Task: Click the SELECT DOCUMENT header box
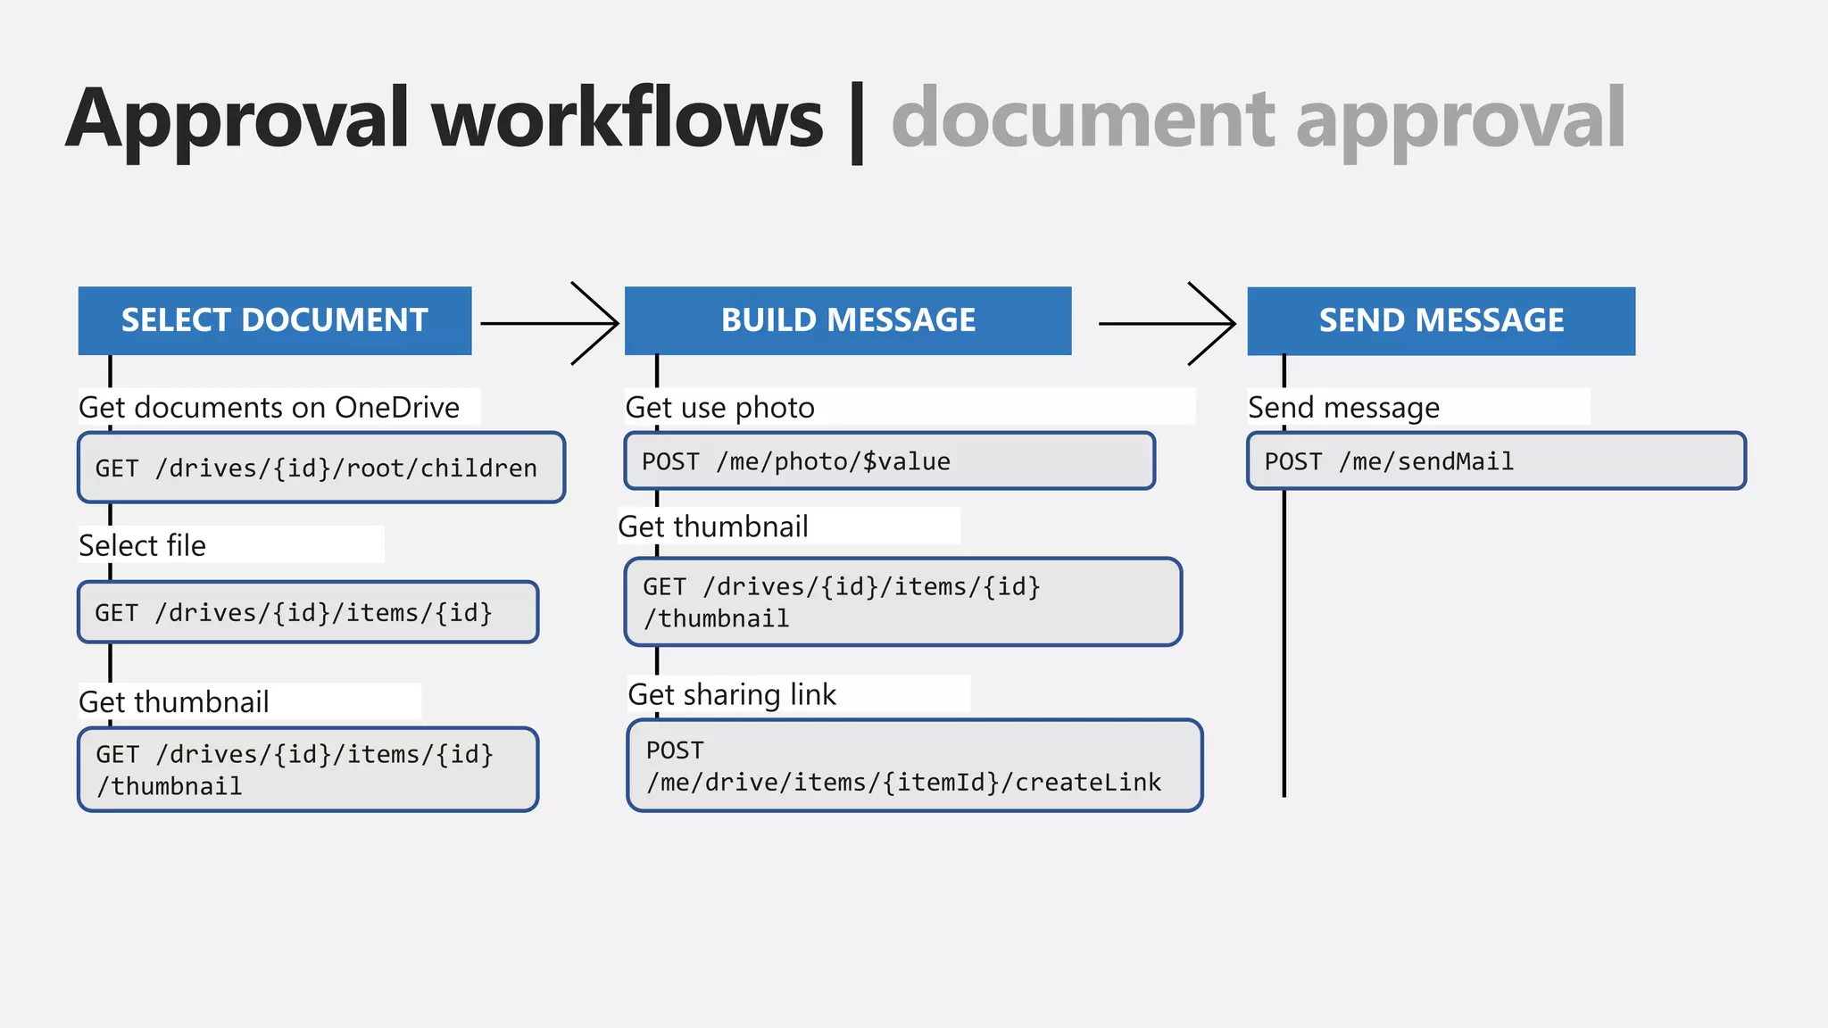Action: point(275,320)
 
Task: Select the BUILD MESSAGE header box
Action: point(848,320)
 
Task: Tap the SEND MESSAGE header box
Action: point(1441,320)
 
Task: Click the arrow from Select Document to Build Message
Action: point(550,323)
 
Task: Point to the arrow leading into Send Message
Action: point(1167,323)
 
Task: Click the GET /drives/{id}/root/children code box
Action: point(321,468)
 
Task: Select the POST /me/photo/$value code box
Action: point(889,461)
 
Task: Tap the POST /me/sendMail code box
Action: point(1496,461)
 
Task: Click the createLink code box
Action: point(914,766)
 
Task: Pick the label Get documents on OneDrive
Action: point(270,408)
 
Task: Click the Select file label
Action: point(143,545)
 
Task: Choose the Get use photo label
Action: point(719,408)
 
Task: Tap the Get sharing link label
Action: point(732,694)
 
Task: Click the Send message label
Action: point(1343,408)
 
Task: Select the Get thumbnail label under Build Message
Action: point(713,526)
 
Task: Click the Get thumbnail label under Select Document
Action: point(174,702)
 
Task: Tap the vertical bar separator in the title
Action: point(857,123)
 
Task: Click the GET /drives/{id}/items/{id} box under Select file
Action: point(308,612)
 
